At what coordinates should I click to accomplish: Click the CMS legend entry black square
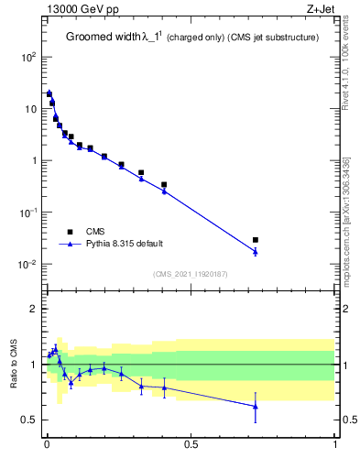pos(70,231)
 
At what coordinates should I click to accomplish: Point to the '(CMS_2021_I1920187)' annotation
pos(191,273)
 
